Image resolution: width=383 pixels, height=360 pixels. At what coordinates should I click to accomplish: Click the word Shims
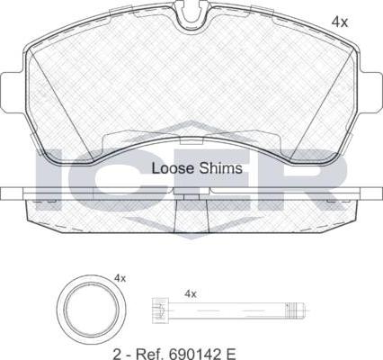tap(221, 168)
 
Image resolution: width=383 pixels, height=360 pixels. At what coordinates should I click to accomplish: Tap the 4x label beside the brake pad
tap(340, 22)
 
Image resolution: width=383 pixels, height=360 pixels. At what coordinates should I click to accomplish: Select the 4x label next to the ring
tap(120, 278)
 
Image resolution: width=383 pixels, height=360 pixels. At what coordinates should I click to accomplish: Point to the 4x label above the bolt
tap(191, 294)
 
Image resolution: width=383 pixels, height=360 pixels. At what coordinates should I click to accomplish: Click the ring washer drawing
tap(91, 309)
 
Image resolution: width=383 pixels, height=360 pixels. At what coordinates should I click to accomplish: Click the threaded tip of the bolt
tap(296, 310)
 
